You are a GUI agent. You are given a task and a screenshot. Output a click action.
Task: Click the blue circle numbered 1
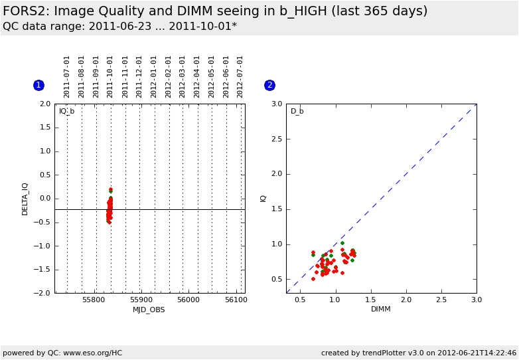(38, 85)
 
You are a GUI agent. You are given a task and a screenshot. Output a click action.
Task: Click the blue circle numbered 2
(269, 85)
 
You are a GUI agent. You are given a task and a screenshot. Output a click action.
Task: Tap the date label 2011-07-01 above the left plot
(67, 76)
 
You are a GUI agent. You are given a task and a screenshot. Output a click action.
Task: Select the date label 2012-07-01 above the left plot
(241, 76)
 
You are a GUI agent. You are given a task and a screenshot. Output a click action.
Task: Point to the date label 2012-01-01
(154, 76)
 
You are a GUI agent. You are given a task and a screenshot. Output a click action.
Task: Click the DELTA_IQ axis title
(25, 199)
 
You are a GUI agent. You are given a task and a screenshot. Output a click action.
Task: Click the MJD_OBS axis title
(149, 310)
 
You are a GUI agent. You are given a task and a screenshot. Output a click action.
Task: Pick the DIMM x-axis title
(381, 310)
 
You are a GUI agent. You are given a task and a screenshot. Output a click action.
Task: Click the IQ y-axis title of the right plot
(263, 199)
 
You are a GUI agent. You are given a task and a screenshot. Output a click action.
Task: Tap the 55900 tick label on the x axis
(141, 300)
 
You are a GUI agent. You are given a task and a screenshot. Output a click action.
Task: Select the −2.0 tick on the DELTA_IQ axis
(44, 293)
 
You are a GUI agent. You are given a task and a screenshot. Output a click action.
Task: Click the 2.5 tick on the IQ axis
(275, 139)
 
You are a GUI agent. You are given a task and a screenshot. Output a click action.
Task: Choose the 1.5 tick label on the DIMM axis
(370, 300)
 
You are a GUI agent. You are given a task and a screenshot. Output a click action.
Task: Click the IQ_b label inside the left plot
(67, 111)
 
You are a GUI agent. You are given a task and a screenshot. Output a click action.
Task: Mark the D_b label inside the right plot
(297, 111)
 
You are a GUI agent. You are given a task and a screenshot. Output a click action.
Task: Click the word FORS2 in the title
(25, 11)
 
